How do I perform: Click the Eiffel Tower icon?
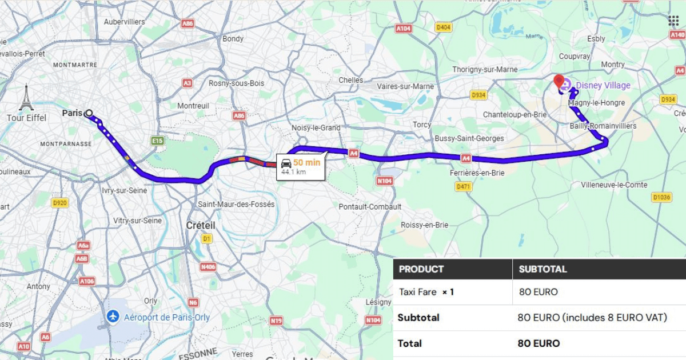tap(26, 98)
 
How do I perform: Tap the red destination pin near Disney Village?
tap(559, 81)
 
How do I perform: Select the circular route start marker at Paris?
tap(89, 114)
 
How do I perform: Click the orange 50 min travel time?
tap(307, 163)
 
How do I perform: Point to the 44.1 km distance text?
tap(293, 172)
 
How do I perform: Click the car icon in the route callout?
tap(286, 163)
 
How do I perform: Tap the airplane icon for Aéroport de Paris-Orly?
tap(113, 317)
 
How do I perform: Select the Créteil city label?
tap(201, 226)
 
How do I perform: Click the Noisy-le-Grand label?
tap(316, 128)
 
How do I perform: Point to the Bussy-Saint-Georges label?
tap(469, 138)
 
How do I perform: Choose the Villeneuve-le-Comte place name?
tap(614, 185)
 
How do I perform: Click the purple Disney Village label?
tap(603, 86)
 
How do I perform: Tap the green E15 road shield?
tap(157, 140)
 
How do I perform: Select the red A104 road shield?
tap(403, 28)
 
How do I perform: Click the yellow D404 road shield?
tap(443, 27)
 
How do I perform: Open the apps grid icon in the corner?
tap(673, 21)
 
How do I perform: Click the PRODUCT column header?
tap(421, 269)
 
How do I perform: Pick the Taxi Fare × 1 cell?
tap(426, 292)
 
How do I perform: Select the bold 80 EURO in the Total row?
tap(539, 343)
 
